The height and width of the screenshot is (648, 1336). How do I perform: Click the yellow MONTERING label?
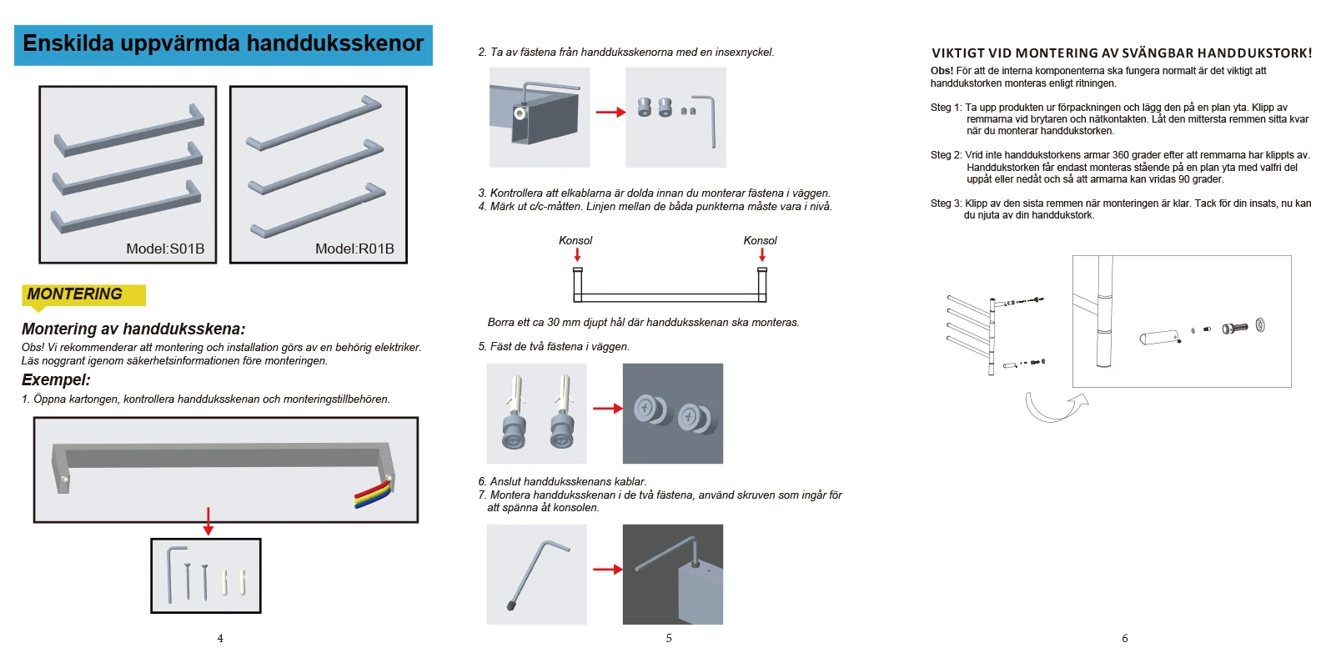pos(75,294)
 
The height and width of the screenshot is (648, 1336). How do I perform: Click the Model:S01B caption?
pos(165,249)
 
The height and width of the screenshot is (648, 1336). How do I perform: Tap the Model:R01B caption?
pos(354,249)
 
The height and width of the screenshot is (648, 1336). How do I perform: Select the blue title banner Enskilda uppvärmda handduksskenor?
pos(224,44)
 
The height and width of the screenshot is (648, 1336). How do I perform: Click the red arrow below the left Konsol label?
pos(577,255)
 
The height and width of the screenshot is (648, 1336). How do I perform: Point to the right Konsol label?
pos(760,240)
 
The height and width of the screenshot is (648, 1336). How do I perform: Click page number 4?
pos(220,638)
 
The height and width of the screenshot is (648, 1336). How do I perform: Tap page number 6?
pos(1124,638)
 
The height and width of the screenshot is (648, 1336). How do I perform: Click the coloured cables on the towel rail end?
pos(374,495)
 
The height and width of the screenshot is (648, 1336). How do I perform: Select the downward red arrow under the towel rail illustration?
pos(208,521)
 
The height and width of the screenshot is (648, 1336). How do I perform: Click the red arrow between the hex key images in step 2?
pos(610,112)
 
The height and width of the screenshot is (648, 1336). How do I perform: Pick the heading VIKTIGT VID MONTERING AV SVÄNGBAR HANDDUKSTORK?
pos(1122,53)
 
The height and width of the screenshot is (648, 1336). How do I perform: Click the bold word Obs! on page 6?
pos(942,71)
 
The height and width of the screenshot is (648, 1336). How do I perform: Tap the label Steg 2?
pos(946,155)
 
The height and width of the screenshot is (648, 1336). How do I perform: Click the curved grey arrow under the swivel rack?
pos(1053,408)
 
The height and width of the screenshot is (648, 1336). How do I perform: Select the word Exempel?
pos(56,380)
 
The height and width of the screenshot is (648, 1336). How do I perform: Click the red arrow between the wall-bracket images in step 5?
pos(607,409)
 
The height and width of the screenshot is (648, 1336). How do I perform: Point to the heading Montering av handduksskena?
pos(133,329)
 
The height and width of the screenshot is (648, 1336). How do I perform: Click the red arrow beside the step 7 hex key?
pos(607,570)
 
